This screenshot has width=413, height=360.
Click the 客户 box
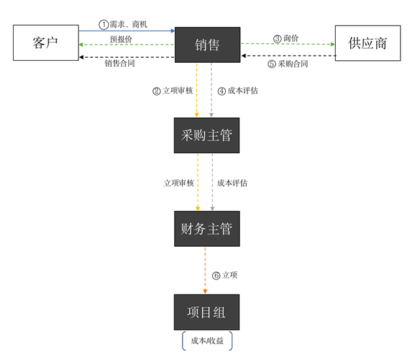pyautogui.click(x=45, y=43)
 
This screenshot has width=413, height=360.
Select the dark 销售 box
pyautogui.click(x=207, y=45)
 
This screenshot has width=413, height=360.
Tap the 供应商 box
pyautogui.click(x=367, y=43)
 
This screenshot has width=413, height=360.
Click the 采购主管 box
pyautogui.click(x=206, y=135)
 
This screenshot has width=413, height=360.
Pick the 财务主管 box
pyautogui.click(x=206, y=228)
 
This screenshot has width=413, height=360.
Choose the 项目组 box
pyautogui.click(x=206, y=312)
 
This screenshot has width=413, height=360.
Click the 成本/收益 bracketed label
pyautogui.click(x=206, y=341)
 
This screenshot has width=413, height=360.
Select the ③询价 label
pyautogui.click(x=286, y=39)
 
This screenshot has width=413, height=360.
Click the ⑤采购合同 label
pyautogui.click(x=288, y=63)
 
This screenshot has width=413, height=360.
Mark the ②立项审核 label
pyautogui.click(x=173, y=91)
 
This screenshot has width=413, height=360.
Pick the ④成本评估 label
pyautogui.click(x=238, y=91)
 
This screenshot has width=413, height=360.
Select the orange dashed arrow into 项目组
pyautogui.click(x=206, y=270)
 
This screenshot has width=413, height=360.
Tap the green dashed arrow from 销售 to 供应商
pyautogui.click(x=287, y=45)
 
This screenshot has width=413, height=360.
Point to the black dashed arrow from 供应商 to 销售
pyautogui.click(x=287, y=56)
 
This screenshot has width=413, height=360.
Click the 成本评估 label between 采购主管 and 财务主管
pyautogui.click(x=232, y=183)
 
